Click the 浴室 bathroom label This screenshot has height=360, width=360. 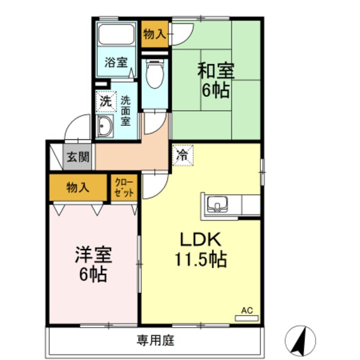(116, 62)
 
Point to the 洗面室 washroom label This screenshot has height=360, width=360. (126, 110)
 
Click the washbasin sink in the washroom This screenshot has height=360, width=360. (106, 127)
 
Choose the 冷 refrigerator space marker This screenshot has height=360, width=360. (181, 154)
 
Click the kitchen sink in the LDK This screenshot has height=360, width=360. (215, 206)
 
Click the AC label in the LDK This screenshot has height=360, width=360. (247, 311)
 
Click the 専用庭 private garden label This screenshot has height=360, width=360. (155, 341)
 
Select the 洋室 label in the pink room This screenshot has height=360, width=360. (92, 255)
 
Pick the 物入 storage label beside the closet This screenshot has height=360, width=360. (77, 187)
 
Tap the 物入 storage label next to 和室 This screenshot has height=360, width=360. (155, 34)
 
